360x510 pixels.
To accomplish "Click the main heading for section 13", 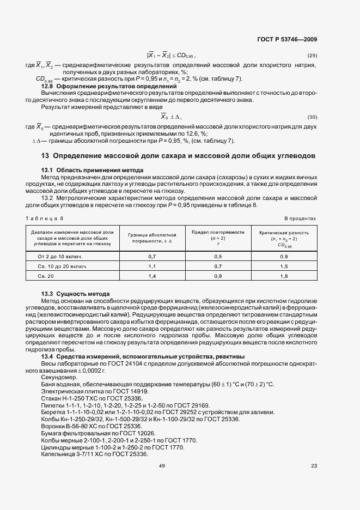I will (178, 156).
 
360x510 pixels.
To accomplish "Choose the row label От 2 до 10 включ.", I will (59, 256).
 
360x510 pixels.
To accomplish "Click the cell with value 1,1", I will (152, 266).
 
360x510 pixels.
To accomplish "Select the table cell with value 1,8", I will (284, 277).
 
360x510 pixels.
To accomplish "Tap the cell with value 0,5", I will (218, 256).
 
